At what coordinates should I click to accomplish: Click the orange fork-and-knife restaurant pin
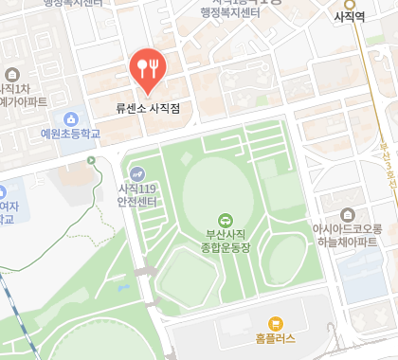pos(148,66)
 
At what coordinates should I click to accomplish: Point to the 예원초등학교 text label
pos(70,135)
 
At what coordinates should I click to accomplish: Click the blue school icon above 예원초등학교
pos(70,118)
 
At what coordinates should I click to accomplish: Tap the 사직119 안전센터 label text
pos(137,193)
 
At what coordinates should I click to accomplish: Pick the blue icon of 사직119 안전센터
pos(138,173)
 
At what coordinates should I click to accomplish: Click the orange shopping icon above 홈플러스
pos(276,323)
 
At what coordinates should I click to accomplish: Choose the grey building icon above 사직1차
pos(12,74)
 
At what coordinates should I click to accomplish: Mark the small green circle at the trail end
pos(91,161)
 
